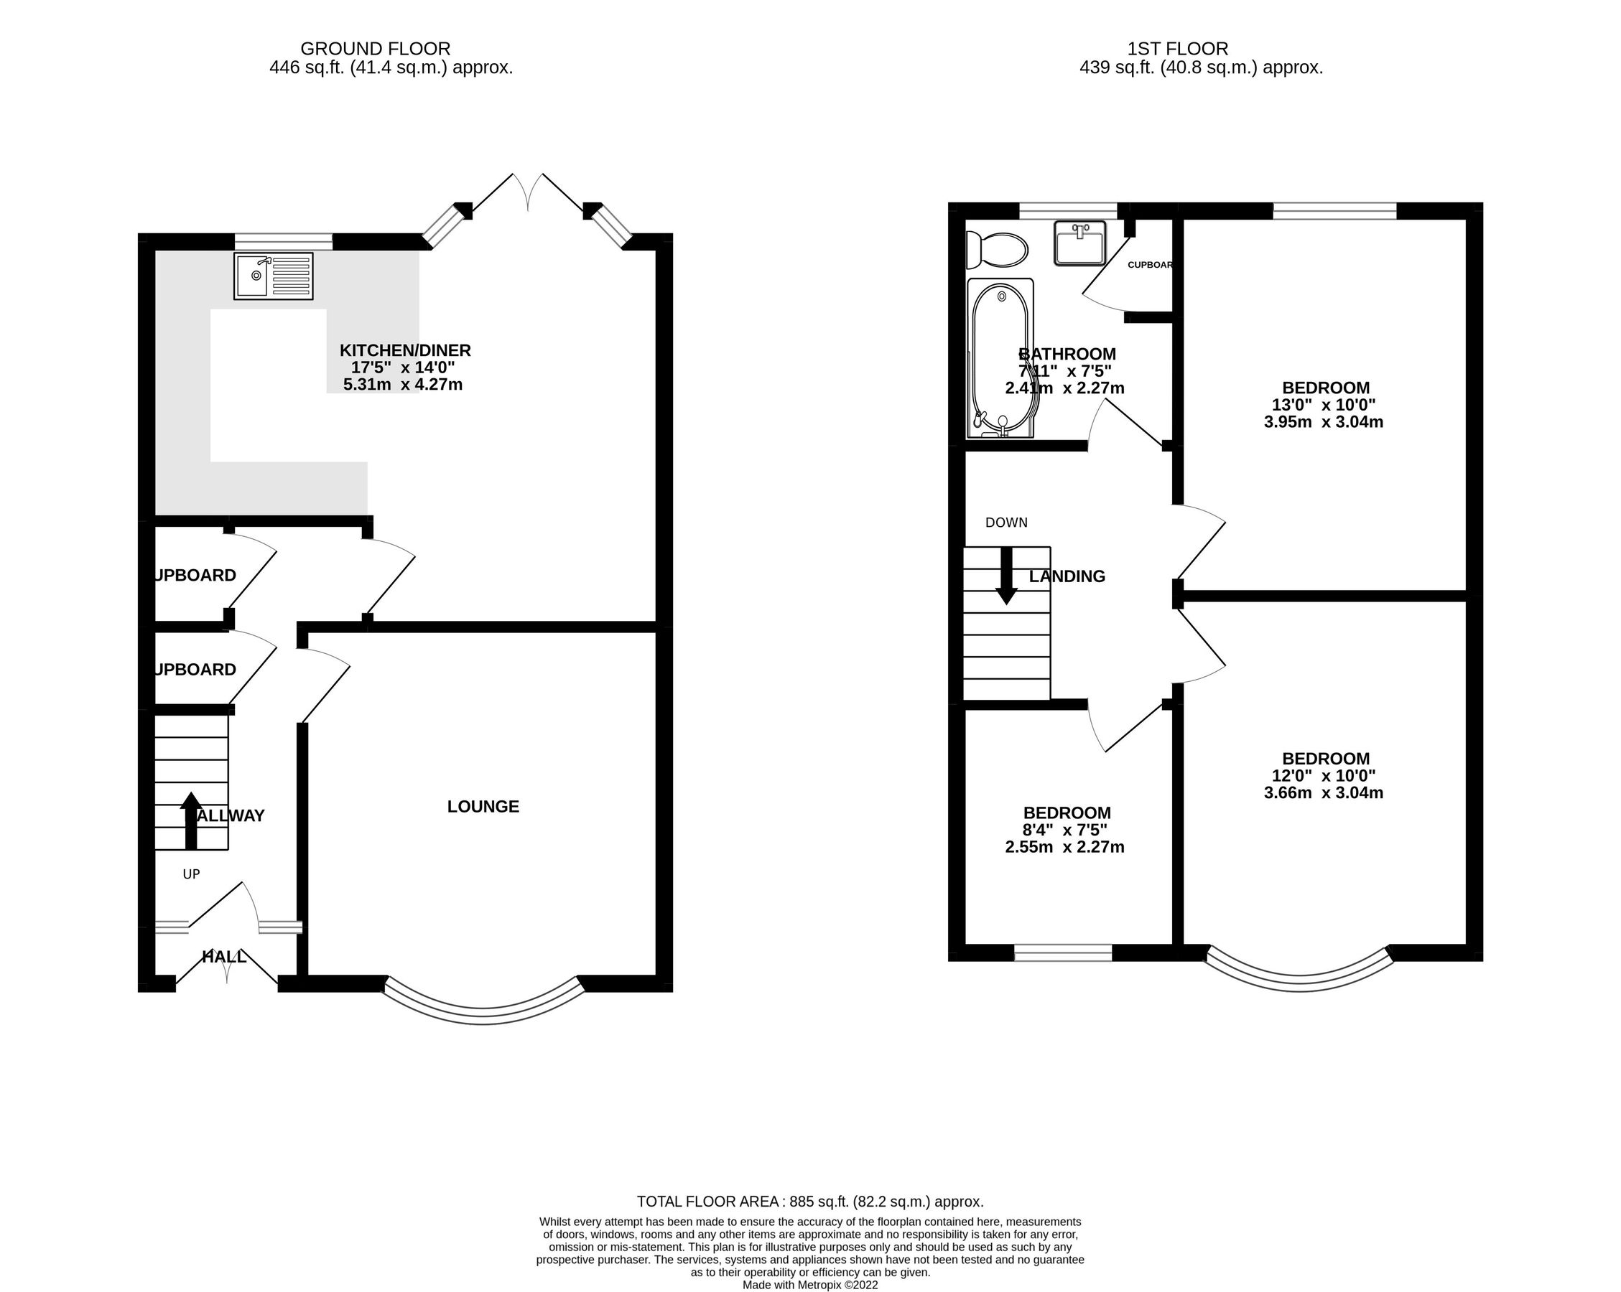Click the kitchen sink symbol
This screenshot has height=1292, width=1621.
[x=274, y=276]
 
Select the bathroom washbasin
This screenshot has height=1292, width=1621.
[x=1079, y=243]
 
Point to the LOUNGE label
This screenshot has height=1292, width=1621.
[x=483, y=807]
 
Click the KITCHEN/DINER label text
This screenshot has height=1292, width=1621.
[x=405, y=350]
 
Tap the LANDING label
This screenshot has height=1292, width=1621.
[x=1067, y=576]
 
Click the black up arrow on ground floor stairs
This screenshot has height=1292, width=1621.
[x=191, y=820]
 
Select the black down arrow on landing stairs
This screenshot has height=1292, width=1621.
[x=1006, y=576]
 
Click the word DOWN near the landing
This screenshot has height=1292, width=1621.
[x=1006, y=523]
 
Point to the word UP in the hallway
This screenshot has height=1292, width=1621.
[x=192, y=874]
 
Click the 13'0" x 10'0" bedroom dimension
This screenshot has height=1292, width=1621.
[x=1326, y=405]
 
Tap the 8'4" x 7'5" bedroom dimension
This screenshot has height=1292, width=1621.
[x=1066, y=830]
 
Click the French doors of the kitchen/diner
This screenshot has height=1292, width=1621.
[x=528, y=192]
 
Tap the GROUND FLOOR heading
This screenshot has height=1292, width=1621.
[x=375, y=49]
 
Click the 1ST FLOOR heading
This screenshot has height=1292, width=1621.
[x=1177, y=49]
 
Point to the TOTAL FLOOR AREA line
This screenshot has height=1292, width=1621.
[x=809, y=1202]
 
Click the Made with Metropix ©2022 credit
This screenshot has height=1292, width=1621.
[x=809, y=1286]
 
